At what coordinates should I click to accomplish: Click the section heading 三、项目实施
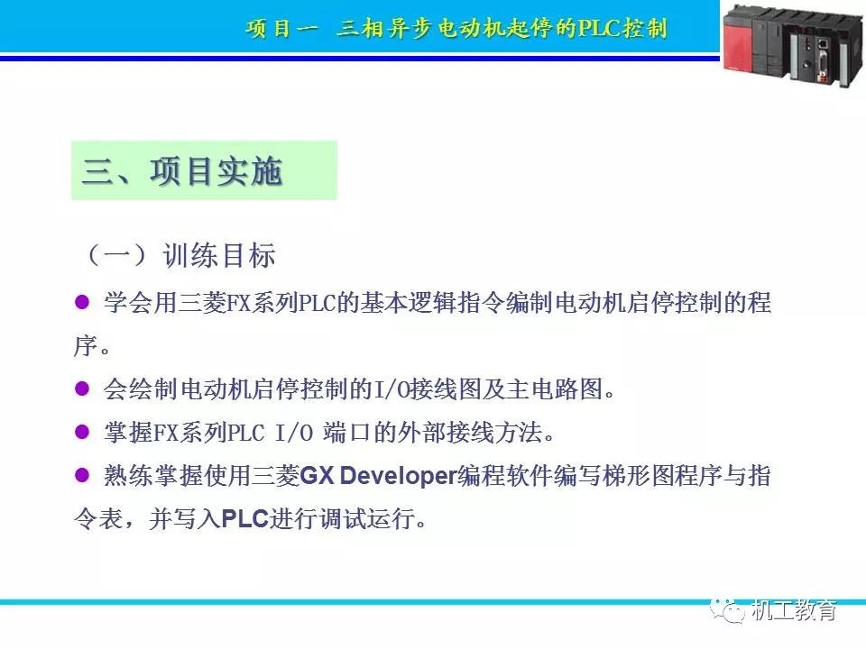tap(183, 171)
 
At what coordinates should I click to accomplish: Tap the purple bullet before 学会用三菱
tap(83, 303)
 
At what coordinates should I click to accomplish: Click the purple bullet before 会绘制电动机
tap(83, 389)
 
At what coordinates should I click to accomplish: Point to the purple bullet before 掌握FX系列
tap(83, 433)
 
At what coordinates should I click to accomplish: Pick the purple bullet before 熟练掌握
tap(83, 476)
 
